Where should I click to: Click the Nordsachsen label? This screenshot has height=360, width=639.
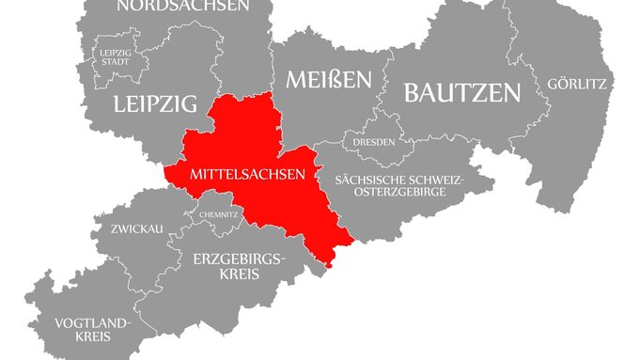pyautogui.click(x=182, y=6)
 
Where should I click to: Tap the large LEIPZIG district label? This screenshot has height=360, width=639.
pyautogui.click(x=155, y=103)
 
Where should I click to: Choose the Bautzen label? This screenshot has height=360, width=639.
pyautogui.click(x=461, y=92)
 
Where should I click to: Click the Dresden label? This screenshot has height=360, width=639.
pyautogui.click(x=375, y=143)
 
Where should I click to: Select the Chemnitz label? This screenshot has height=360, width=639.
pyautogui.click(x=218, y=214)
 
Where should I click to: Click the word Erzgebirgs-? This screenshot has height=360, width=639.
pyautogui.click(x=238, y=258)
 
